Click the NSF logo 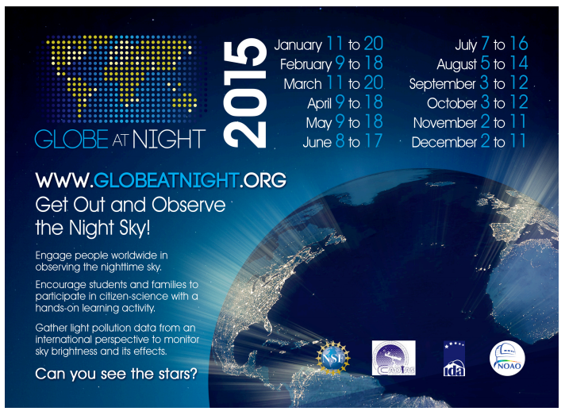pos(333,358)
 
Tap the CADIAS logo pos(394,358)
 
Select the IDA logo pos(454,359)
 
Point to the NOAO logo pos(507,358)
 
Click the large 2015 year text pos(245,94)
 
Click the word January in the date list pos(298,45)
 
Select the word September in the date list pos(443,84)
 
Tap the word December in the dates pos(444,142)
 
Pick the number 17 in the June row pos(373,141)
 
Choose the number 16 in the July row pos(519,44)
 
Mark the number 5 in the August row pos(485,63)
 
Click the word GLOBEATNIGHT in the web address pos(166,180)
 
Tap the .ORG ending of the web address pos(263,180)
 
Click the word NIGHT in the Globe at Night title pos(169,139)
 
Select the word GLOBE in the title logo pos(71,139)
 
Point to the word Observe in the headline pos(188,205)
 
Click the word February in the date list pos(306,64)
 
